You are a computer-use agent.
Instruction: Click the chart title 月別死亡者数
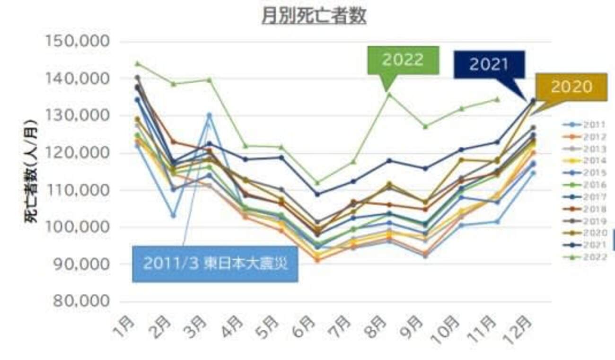click(x=314, y=16)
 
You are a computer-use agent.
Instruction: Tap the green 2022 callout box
click(x=403, y=60)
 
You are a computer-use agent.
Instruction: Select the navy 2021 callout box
click(x=489, y=64)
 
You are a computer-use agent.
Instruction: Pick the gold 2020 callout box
click(x=571, y=87)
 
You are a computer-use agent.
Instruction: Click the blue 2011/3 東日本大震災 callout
click(x=215, y=263)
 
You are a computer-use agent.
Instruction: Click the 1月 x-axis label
click(x=124, y=326)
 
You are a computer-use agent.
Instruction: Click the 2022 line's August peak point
click(x=388, y=95)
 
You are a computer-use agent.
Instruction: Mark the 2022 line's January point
click(x=138, y=63)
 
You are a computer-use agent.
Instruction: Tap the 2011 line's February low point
click(x=173, y=215)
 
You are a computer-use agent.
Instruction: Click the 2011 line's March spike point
click(x=209, y=115)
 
